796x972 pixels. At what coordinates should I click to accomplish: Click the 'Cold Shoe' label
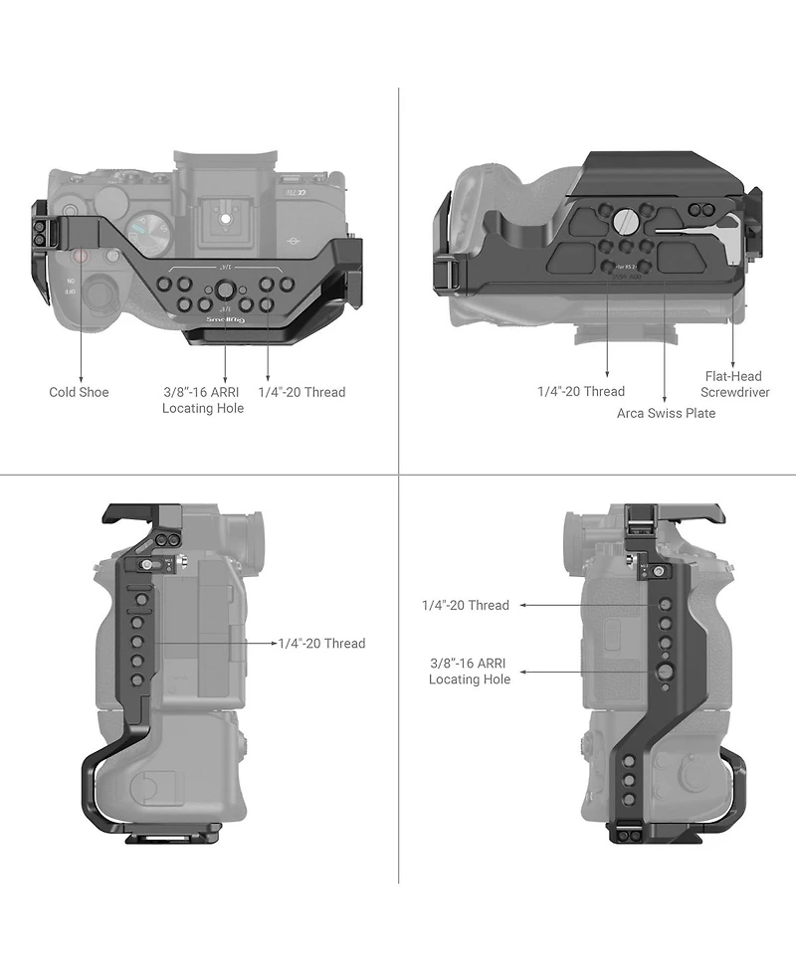pos(79,392)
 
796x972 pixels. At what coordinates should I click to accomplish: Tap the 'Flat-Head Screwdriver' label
pos(734,384)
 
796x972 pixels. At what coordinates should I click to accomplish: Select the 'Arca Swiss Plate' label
pos(666,413)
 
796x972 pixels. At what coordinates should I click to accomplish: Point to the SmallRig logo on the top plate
pos(226,320)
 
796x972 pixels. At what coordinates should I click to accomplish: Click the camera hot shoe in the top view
pos(225,220)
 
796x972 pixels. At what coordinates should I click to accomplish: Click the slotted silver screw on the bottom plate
pos(624,220)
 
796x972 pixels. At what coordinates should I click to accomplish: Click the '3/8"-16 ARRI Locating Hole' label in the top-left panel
pos(203,400)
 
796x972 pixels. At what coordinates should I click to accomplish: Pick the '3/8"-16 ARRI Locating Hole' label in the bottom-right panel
pos(470,671)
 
